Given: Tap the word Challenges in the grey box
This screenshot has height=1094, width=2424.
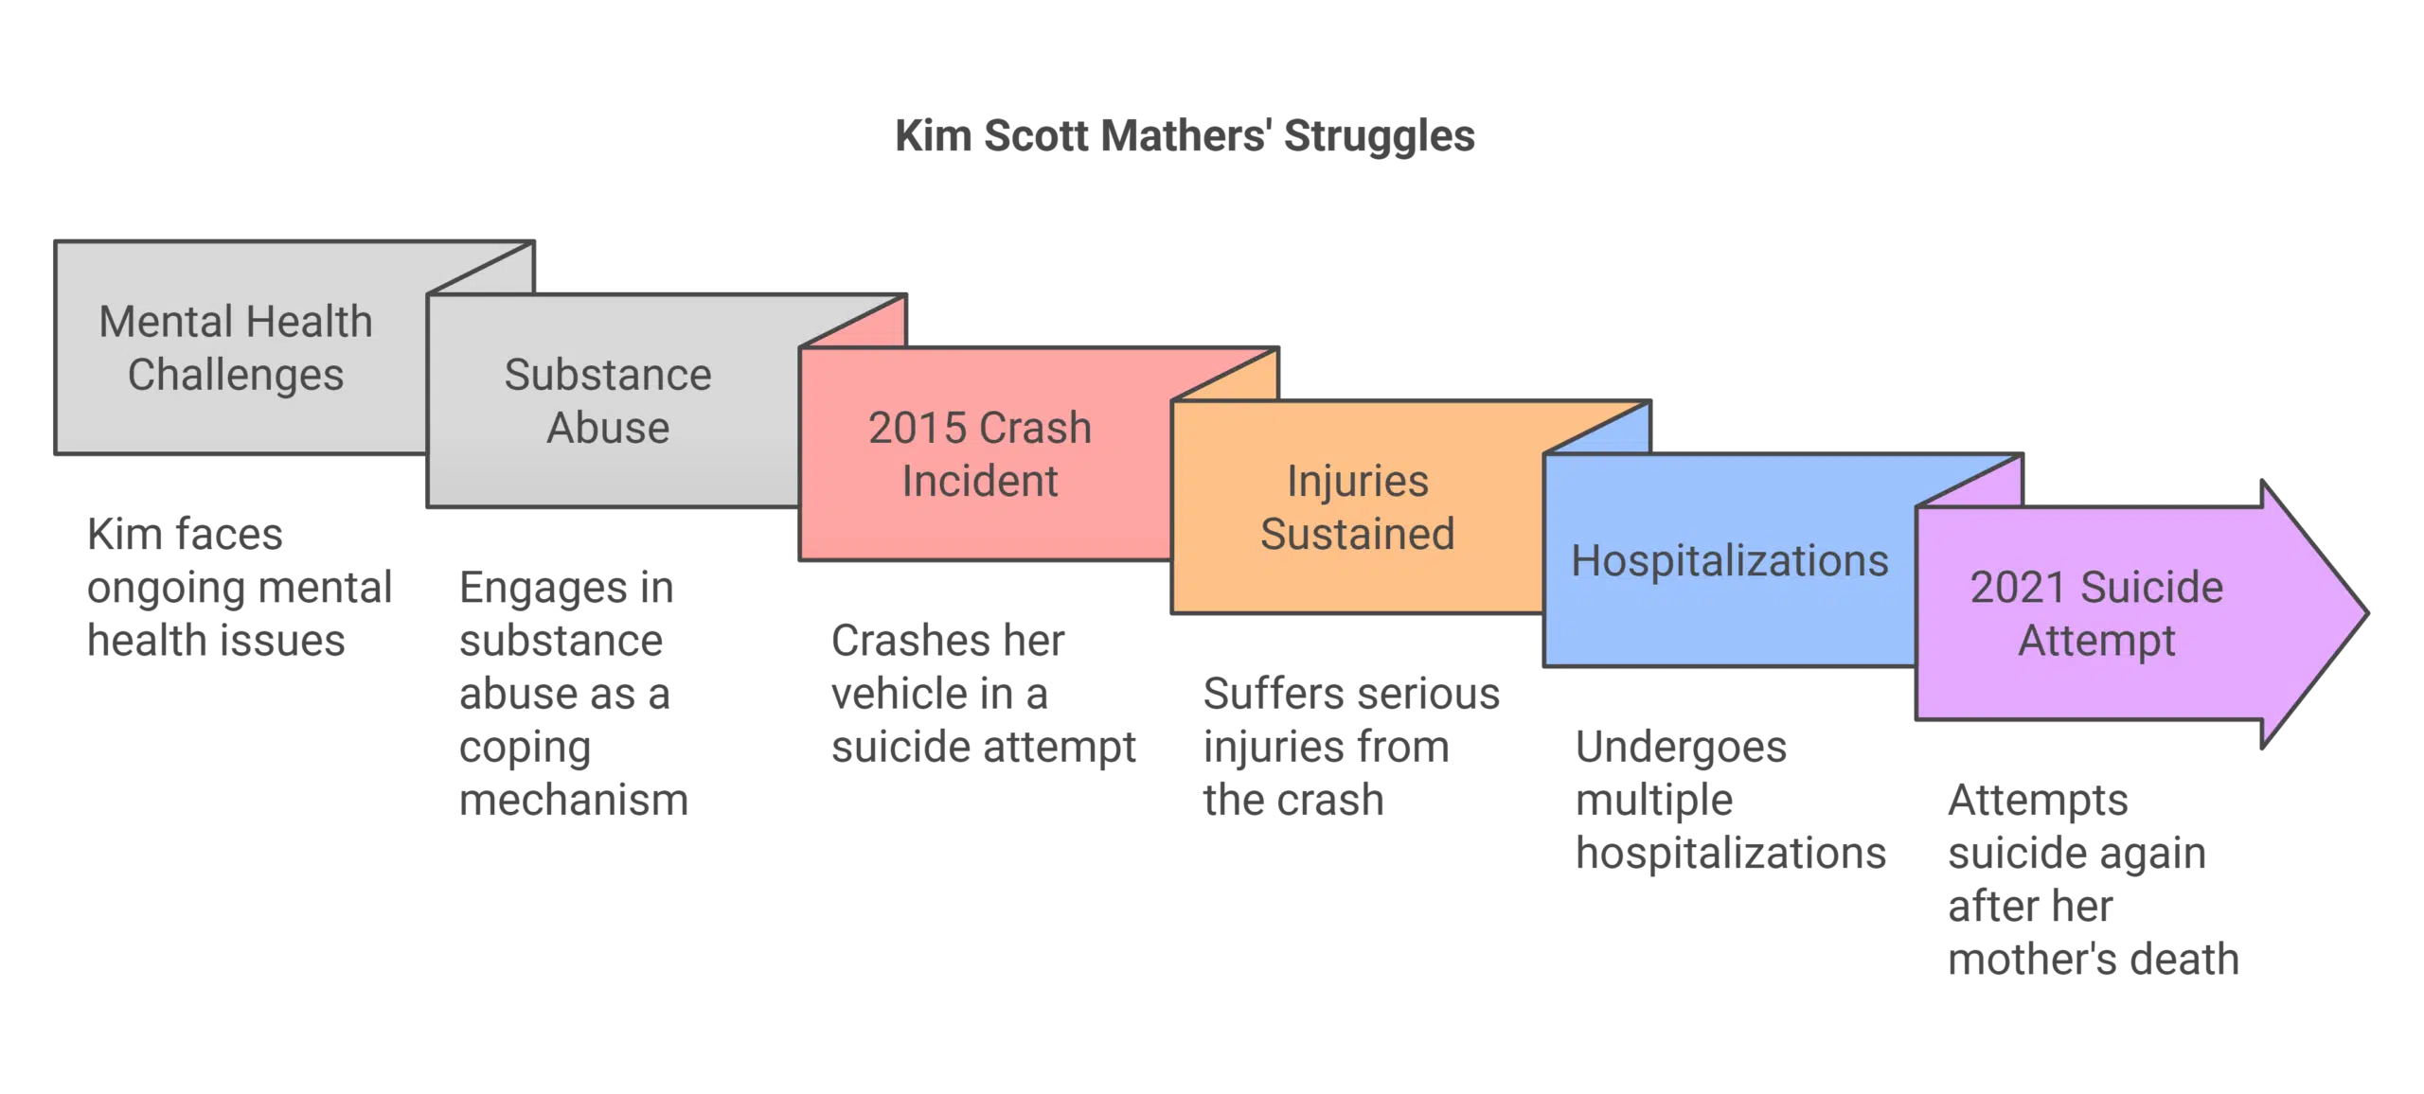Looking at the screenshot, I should click(x=236, y=376).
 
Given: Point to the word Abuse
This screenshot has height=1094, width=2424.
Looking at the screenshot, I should click(x=608, y=429).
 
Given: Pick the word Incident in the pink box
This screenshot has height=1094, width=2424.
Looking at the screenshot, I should click(x=979, y=482).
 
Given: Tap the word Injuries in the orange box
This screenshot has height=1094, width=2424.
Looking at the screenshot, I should click(x=1357, y=482).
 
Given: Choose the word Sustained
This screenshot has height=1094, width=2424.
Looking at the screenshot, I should click(x=1357, y=535).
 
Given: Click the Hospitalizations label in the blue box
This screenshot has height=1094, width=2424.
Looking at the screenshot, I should click(x=1729, y=561).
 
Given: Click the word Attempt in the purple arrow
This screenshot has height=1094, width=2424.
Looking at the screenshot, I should click(x=2096, y=641).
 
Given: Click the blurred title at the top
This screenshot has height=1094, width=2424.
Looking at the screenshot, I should click(x=1185, y=134).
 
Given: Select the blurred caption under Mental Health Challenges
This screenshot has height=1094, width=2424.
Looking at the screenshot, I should click(x=237, y=589).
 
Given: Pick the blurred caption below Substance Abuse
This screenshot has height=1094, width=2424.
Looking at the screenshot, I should click(x=568, y=695).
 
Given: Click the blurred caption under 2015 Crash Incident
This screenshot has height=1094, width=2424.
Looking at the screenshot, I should click(x=983, y=695).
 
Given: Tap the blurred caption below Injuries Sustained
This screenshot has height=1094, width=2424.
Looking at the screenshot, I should click(x=1350, y=748).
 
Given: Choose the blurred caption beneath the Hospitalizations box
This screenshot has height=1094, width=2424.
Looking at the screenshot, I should click(x=1729, y=801).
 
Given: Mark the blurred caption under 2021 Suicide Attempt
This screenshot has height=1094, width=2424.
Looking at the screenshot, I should click(x=2093, y=880).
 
